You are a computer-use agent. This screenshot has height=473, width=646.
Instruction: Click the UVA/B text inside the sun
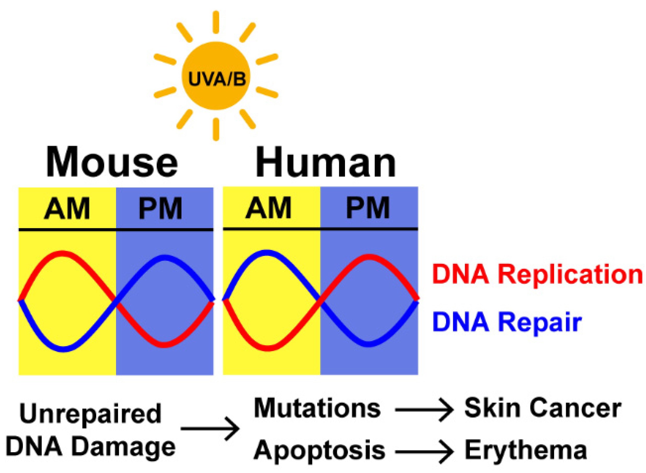coord(217,79)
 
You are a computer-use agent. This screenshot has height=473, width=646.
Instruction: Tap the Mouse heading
coord(112,162)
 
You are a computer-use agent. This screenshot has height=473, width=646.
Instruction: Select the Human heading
coord(326,162)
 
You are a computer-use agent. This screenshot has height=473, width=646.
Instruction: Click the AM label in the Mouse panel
coord(67,209)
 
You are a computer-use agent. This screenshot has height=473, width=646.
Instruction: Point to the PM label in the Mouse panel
coord(160,209)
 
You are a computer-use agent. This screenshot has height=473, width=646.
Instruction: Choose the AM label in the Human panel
coord(269,208)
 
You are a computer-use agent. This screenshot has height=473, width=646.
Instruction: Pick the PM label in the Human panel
coord(368,208)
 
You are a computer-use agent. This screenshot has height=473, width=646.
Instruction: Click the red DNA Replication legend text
coord(537,274)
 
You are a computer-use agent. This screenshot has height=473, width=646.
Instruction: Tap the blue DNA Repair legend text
coord(507,322)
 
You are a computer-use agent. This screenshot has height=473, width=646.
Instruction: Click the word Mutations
coord(317,408)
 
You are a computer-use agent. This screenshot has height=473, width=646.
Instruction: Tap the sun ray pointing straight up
coord(216,22)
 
